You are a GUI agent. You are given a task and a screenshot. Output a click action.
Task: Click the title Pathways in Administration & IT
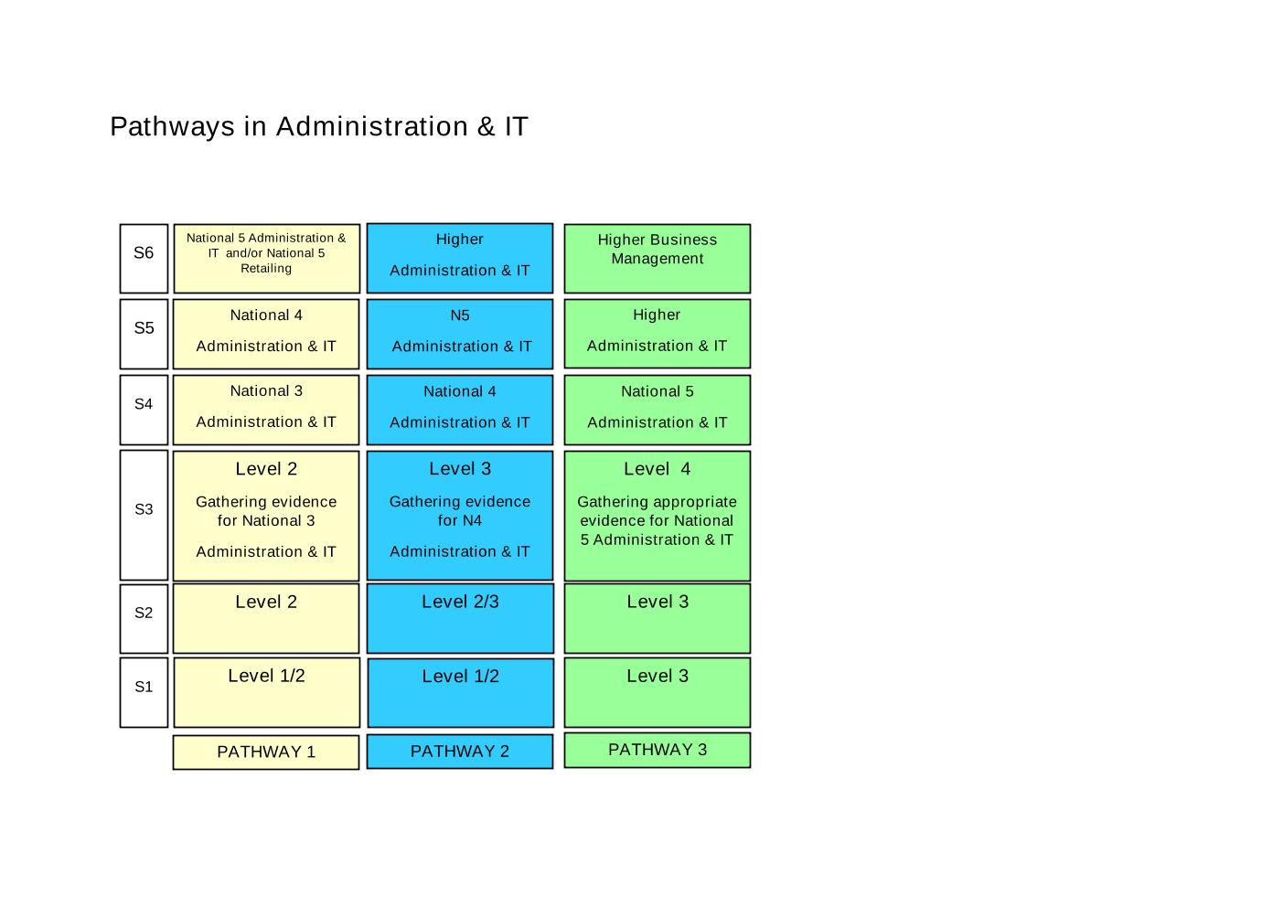click(x=318, y=126)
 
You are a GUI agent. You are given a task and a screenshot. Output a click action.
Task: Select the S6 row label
click(x=144, y=258)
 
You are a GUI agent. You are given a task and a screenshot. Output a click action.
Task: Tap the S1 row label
click(x=144, y=692)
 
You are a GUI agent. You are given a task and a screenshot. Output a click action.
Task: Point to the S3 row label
click(x=144, y=515)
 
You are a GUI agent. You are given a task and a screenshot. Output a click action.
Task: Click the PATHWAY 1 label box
click(x=266, y=752)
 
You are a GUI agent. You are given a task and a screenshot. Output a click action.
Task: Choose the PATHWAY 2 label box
click(x=460, y=752)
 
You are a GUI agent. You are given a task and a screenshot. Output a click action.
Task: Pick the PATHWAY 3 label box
click(x=658, y=750)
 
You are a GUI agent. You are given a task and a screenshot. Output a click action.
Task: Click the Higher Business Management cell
click(x=658, y=258)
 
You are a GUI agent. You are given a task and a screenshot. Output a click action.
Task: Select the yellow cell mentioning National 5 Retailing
click(x=267, y=258)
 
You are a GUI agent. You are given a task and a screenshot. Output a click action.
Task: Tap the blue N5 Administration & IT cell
click(x=460, y=334)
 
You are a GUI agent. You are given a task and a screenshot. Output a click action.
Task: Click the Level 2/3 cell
click(x=461, y=618)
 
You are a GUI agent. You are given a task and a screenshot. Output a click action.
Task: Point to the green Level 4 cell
click(x=658, y=516)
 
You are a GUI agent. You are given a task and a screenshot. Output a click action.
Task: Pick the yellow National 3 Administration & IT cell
click(x=266, y=410)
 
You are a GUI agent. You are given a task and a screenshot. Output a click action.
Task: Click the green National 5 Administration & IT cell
click(x=658, y=410)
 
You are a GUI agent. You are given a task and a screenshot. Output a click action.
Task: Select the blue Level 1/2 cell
click(x=461, y=693)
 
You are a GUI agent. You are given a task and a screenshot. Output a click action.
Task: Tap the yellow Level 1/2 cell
click(x=267, y=692)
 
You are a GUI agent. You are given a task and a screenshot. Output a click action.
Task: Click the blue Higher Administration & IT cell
click(x=460, y=258)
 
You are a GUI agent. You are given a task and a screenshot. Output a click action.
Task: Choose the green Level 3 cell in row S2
click(x=658, y=618)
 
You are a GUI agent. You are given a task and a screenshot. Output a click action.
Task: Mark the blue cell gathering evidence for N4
click(x=460, y=516)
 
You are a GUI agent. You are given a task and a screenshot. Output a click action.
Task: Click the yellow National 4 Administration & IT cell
click(x=266, y=334)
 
